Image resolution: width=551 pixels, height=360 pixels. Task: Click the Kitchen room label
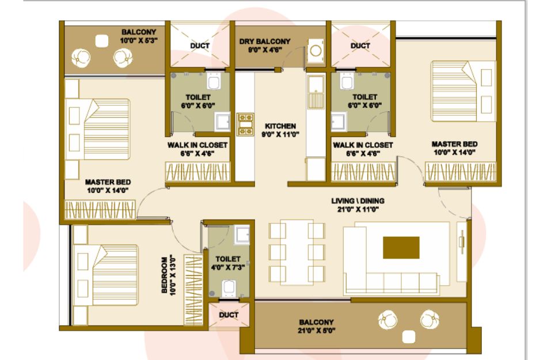(x=280, y=126)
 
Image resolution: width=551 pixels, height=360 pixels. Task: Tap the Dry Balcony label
(x=265, y=41)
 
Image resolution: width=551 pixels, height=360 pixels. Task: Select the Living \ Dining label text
(x=358, y=201)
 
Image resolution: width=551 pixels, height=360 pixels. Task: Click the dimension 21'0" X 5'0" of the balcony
(x=316, y=331)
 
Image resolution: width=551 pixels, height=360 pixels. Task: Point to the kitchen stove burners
(x=245, y=124)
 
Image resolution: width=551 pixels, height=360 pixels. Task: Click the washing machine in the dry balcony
(x=316, y=50)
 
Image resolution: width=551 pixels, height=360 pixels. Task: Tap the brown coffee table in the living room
(x=401, y=248)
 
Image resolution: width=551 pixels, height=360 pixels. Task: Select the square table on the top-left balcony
(x=102, y=41)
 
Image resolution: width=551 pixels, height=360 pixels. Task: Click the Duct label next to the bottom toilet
(x=229, y=315)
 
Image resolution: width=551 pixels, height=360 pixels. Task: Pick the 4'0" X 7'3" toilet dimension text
(x=227, y=267)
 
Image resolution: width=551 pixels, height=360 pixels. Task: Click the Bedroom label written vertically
(x=164, y=275)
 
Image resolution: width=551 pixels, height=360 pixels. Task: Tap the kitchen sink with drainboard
(x=315, y=92)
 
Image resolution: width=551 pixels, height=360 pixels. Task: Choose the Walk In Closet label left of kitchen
(x=197, y=145)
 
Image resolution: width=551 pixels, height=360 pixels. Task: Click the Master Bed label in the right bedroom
(x=454, y=144)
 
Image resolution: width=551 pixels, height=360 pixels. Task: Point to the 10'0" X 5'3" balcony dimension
(x=138, y=40)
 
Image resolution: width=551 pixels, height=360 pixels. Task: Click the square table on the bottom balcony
(x=409, y=337)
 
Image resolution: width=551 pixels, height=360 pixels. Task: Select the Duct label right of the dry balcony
(x=360, y=46)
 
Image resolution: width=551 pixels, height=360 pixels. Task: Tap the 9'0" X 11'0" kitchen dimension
(x=280, y=134)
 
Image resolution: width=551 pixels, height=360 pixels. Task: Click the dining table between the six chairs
(x=297, y=252)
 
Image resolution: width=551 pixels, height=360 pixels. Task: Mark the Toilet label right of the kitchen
(x=365, y=97)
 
